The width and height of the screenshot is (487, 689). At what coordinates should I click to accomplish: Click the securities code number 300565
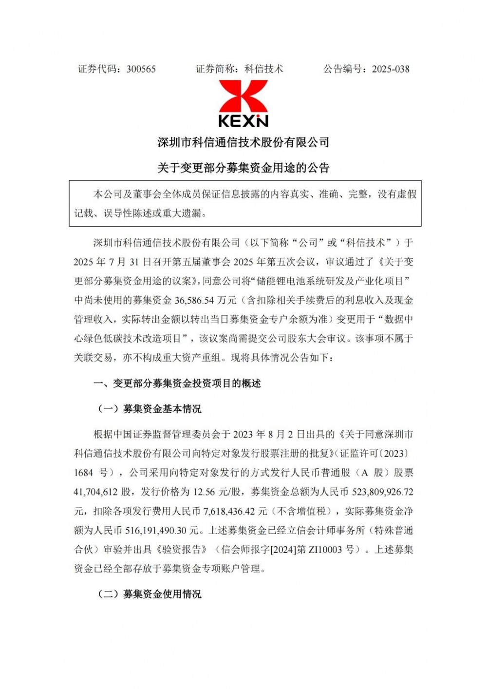point(141,69)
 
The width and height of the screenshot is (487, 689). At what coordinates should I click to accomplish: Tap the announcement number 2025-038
point(391,69)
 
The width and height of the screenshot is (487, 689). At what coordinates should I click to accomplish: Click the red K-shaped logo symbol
point(243,96)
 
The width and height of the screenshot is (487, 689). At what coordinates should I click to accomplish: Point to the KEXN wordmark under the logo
point(243,120)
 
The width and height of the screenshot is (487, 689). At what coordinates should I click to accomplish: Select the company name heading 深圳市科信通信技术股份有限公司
point(243,142)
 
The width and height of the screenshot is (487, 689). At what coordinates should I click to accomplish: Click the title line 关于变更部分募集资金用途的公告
point(243,168)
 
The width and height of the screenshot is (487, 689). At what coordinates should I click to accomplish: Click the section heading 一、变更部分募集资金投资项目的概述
point(177,383)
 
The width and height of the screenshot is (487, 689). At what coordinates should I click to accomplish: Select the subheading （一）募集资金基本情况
point(150,409)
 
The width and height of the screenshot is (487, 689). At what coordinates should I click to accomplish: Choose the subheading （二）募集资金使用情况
point(150,594)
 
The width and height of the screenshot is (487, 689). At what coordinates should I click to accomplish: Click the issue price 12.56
point(204,492)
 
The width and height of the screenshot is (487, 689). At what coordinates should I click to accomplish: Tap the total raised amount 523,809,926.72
point(382,492)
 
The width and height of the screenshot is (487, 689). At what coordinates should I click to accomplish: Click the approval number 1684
point(84,473)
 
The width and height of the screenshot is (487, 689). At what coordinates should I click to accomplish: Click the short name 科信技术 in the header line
point(263,69)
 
